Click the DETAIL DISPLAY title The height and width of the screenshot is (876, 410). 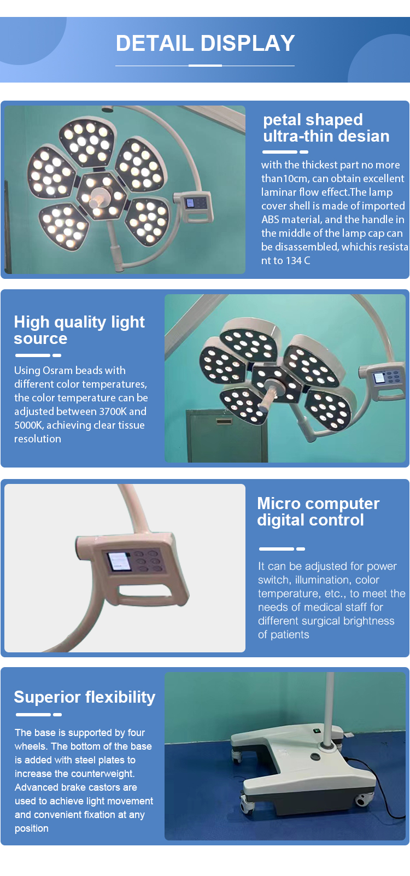205,43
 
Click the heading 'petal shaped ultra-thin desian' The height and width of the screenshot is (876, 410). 326,128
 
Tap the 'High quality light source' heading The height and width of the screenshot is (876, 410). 79,330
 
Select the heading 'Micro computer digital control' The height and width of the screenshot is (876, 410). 318,511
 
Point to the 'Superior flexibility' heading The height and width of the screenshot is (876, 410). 84,697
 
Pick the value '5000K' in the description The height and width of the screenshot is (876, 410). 29,425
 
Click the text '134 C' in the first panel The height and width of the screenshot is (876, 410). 297,260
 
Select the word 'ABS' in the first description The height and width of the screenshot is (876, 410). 270,219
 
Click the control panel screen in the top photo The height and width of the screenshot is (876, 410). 190,203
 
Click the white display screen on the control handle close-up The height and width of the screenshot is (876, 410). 119,561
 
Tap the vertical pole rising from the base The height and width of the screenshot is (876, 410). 329,708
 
